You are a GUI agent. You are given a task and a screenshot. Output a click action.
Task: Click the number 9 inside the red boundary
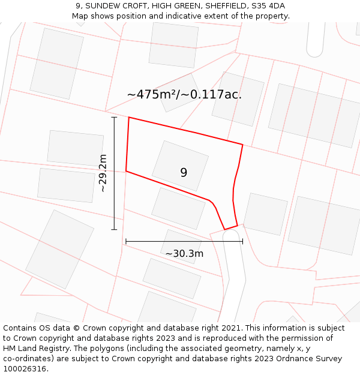[184, 173]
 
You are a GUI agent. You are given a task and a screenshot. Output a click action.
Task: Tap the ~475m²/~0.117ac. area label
[184, 94]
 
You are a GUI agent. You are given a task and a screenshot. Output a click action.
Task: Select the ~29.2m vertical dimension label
[103, 173]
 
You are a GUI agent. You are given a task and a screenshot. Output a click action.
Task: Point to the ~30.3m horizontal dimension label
[184, 253]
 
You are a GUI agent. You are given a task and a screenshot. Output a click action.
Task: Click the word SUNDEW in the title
[103, 6]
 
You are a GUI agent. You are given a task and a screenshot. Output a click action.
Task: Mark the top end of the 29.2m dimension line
[114, 118]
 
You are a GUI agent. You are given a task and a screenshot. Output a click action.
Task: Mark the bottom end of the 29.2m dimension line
[114, 229]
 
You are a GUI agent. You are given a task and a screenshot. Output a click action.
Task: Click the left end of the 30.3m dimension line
[126, 241]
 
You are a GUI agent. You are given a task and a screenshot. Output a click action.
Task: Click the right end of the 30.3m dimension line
[242, 241]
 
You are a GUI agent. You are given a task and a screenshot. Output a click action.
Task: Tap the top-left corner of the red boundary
[129, 118]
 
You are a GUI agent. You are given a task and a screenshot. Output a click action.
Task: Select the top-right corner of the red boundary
[242, 145]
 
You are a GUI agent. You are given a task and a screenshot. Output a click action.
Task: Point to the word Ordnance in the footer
[304, 359]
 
